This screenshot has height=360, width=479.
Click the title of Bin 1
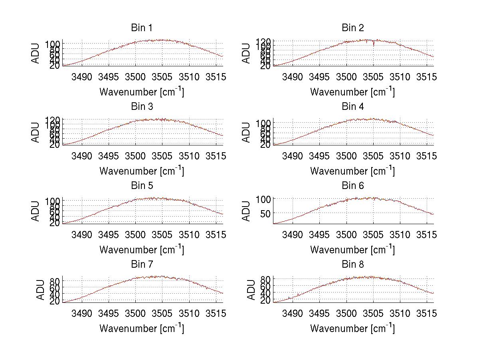click(x=142, y=28)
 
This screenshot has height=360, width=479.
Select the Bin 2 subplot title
click(x=353, y=28)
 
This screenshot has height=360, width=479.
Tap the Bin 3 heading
click(x=142, y=107)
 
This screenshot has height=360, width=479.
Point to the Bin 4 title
click(x=353, y=107)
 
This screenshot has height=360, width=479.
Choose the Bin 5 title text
click(x=142, y=186)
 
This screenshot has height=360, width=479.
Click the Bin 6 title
click(x=353, y=186)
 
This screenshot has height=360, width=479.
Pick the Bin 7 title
click(x=142, y=265)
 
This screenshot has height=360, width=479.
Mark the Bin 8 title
click(x=353, y=265)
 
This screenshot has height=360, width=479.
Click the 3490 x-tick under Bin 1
click(x=82, y=77)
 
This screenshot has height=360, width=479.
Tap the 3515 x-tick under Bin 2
click(x=427, y=77)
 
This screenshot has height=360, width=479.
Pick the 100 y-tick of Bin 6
click(x=263, y=199)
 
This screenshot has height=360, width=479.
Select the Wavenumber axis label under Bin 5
click(x=142, y=250)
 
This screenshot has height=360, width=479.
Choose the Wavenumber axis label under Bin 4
click(x=353, y=171)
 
